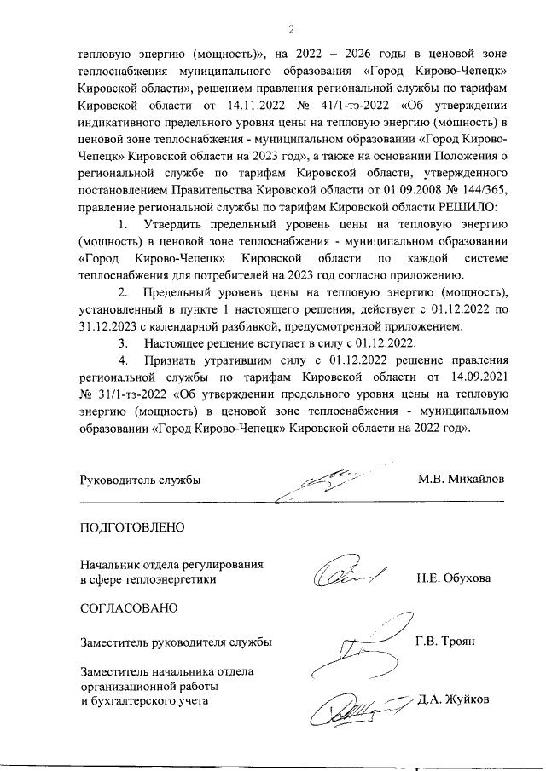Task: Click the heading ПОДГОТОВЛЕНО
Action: [131, 527]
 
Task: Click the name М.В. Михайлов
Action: [461, 480]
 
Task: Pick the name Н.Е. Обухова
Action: [453, 578]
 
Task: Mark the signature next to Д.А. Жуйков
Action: [358, 705]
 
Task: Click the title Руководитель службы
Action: [140, 480]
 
